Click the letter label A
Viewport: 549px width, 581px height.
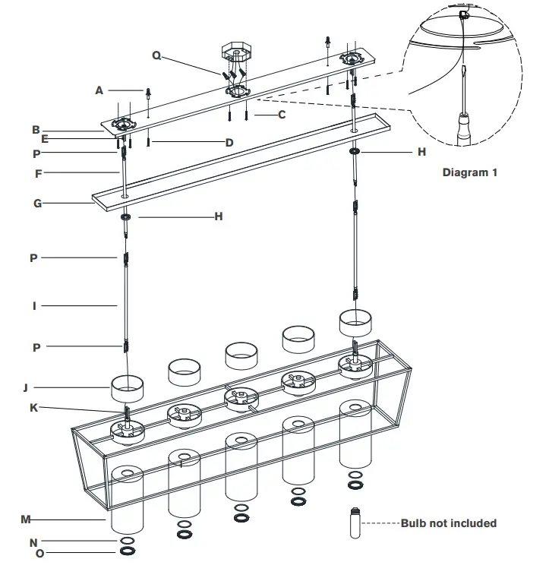[99, 90]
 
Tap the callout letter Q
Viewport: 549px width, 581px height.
[156, 55]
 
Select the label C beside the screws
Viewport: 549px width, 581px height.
[281, 115]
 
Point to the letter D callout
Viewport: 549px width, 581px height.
[229, 142]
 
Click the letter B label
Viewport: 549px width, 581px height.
[36, 130]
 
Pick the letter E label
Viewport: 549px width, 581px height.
[45, 139]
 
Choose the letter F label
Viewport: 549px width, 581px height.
[37, 173]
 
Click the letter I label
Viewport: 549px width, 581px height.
[34, 306]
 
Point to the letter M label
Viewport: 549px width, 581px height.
[26, 519]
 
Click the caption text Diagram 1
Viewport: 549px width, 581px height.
[470, 172]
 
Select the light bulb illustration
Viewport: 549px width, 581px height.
[355, 523]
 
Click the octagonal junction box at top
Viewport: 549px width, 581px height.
[235, 54]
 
